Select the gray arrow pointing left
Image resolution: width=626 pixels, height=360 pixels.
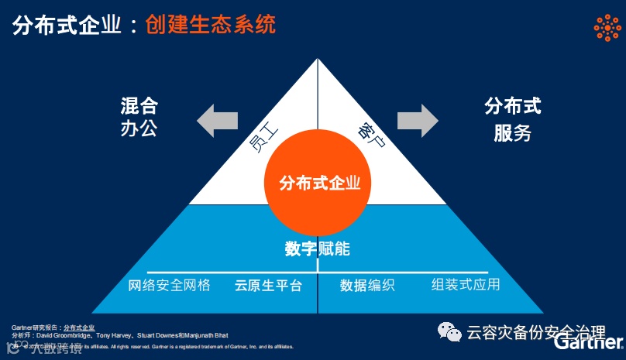click(217, 121)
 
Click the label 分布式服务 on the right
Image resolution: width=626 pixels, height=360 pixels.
click(512, 119)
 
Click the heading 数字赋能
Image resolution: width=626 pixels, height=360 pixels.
click(317, 249)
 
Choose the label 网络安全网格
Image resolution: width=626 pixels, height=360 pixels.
click(169, 285)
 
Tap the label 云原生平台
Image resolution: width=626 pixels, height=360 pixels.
click(268, 285)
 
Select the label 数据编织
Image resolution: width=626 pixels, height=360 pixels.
click(367, 285)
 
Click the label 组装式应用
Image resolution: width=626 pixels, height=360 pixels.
click(466, 284)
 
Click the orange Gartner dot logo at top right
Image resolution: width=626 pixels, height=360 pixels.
click(607, 27)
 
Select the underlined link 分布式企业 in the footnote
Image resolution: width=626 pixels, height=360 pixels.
click(79, 327)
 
